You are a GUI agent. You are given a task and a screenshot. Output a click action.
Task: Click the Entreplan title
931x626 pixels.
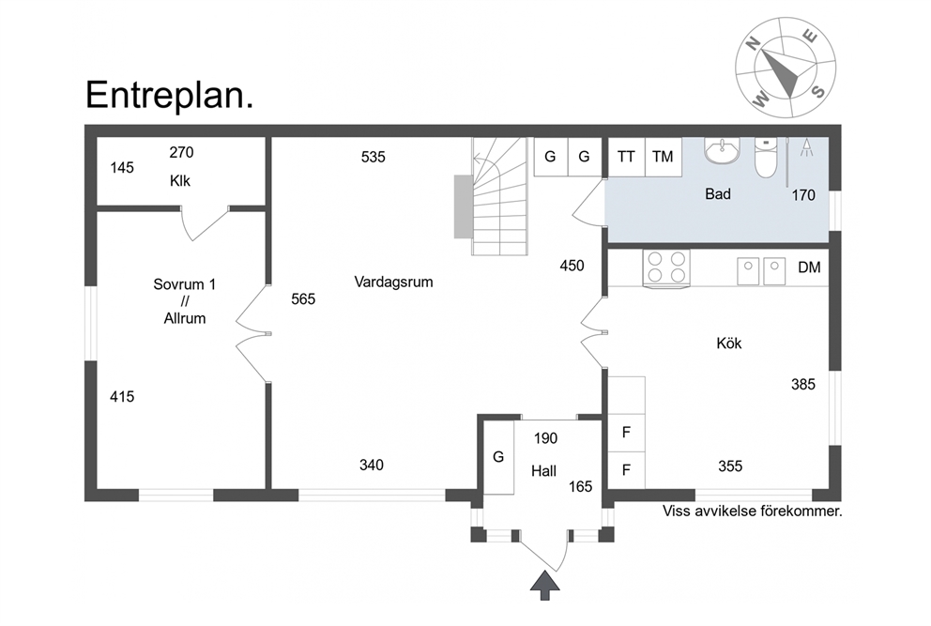click(169, 95)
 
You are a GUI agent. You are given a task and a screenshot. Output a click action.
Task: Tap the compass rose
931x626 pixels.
click(785, 68)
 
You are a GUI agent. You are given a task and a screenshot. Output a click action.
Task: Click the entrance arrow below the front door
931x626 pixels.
click(544, 586)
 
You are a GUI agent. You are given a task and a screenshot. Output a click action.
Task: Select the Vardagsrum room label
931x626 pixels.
click(393, 282)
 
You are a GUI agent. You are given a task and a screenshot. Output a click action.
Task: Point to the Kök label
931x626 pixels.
click(729, 344)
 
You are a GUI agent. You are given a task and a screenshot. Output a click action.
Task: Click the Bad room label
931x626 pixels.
click(718, 193)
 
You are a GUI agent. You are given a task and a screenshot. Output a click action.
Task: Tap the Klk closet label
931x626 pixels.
click(180, 180)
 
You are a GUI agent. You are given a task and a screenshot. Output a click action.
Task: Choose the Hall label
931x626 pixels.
click(544, 471)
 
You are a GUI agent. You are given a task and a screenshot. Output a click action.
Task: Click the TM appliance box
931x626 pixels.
click(664, 157)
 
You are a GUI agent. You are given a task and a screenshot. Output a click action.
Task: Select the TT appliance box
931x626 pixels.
click(626, 157)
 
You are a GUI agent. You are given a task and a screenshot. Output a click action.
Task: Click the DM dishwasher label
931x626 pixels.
click(809, 267)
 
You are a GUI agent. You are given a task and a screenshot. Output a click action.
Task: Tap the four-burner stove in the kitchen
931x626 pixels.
click(666, 268)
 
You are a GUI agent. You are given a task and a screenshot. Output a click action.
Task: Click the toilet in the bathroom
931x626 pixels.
click(766, 158)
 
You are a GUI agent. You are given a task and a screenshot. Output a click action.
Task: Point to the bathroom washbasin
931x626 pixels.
click(722, 150)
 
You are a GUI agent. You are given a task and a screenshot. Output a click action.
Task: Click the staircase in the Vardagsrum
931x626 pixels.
click(500, 196)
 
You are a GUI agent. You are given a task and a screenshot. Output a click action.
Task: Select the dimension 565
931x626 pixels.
click(303, 298)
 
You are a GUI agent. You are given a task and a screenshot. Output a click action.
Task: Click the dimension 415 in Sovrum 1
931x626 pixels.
click(122, 396)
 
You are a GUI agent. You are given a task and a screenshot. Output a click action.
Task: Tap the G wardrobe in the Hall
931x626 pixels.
click(498, 457)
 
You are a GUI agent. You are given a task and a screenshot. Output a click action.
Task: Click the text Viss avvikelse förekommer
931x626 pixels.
click(753, 511)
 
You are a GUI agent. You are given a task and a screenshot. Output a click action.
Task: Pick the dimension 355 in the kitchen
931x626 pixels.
click(730, 466)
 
